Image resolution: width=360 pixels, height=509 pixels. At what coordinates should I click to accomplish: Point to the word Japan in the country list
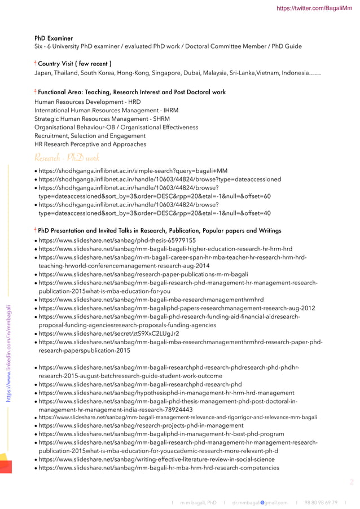pos(44,73)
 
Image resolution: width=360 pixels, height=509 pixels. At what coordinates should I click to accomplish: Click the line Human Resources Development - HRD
pos(87,102)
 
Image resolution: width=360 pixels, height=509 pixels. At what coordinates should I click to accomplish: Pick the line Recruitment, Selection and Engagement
pos(90,136)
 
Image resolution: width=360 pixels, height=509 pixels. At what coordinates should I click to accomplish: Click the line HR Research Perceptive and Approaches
pos(90,144)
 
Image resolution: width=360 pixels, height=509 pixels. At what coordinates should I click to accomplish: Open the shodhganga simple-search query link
pos(133,171)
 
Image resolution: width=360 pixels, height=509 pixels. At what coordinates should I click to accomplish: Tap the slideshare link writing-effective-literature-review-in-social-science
pos(156,459)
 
